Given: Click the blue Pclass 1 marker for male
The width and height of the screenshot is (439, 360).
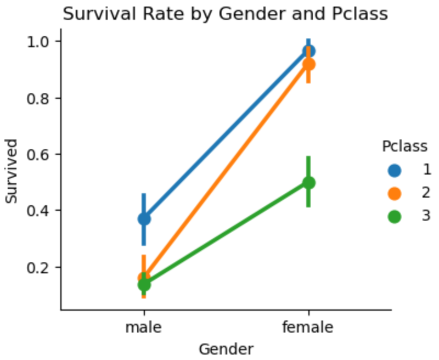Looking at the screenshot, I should click(x=144, y=218).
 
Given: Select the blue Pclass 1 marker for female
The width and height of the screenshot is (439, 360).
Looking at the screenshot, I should click(x=308, y=51).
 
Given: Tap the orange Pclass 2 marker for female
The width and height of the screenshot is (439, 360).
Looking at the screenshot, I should click(x=308, y=64).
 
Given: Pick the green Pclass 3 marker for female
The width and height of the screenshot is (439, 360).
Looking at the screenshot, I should click(x=308, y=183).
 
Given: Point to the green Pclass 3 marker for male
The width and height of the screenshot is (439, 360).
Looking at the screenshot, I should click(x=144, y=284).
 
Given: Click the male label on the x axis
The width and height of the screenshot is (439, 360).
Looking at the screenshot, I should click(x=144, y=328).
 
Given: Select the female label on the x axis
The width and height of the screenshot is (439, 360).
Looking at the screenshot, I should click(x=308, y=328).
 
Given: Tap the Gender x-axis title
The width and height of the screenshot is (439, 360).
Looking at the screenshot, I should click(x=226, y=349).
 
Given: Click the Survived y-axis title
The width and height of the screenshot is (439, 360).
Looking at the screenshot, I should click(x=12, y=172).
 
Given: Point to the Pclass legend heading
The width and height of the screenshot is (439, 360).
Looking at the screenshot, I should click(x=404, y=147).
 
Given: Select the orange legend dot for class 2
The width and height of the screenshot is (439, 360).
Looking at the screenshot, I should click(x=395, y=193).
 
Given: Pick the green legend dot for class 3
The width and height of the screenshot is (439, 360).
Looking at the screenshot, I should click(x=395, y=216).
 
